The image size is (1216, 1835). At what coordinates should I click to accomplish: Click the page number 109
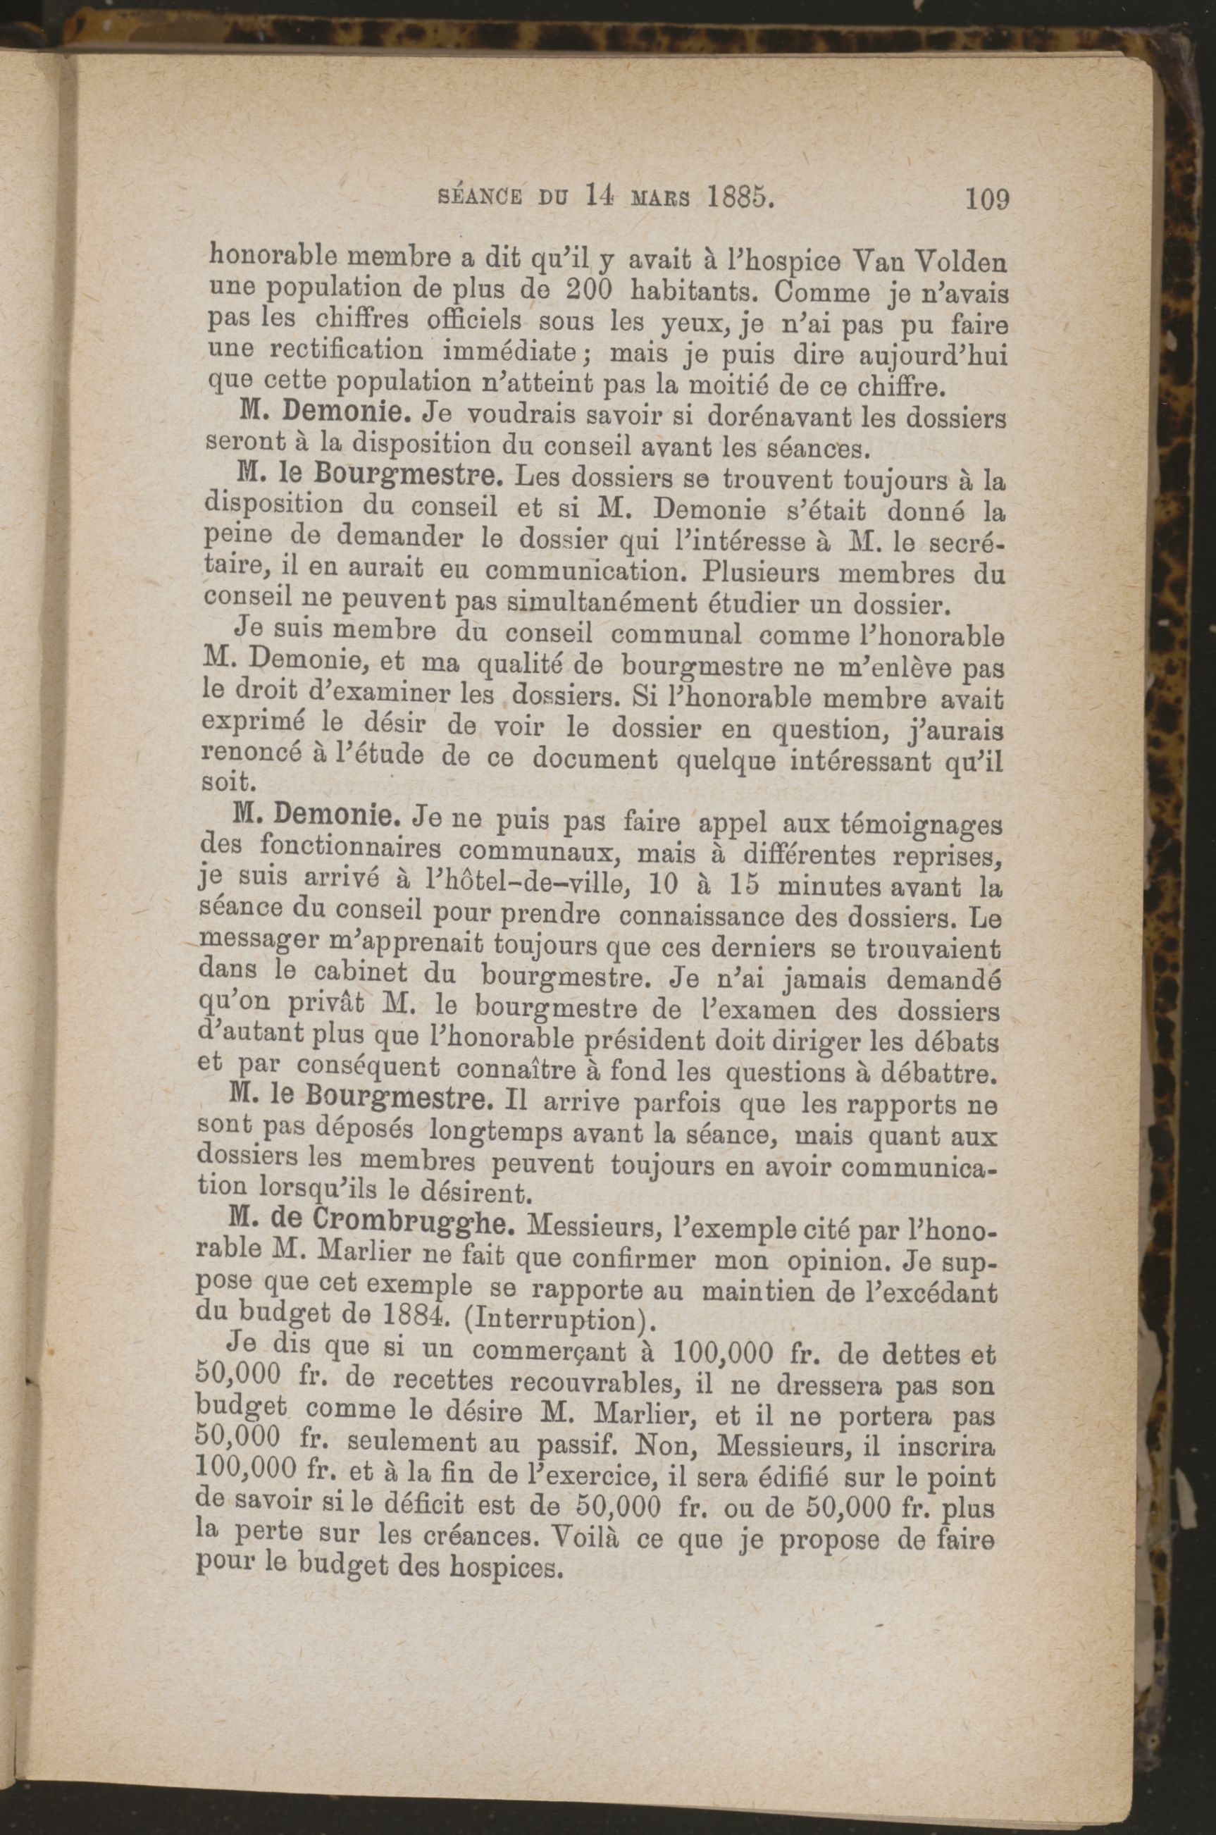(986, 199)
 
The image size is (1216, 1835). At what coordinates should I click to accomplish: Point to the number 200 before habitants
(590, 291)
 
